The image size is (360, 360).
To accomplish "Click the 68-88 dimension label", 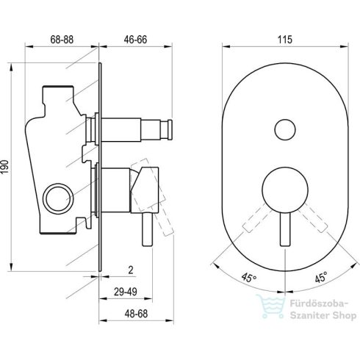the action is pyautogui.click(x=62, y=40).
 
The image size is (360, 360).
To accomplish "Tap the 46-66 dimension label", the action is pyautogui.click(x=135, y=40).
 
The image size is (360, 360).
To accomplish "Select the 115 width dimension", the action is pyautogui.click(x=285, y=40).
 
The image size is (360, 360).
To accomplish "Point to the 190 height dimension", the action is pyautogui.click(x=5, y=167).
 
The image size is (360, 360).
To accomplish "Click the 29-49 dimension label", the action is pyautogui.click(x=126, y=292).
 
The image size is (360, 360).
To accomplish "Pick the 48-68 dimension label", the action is pyautogui.click(x=136, y=314).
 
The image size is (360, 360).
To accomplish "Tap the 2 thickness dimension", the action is pyautogui.click(x=131, y=270).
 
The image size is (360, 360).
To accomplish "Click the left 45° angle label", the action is pyautogui.click(x=249, y=278).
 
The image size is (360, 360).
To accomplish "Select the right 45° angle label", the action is pyautogui.click(x=321, y=277).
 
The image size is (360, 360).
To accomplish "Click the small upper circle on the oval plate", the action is pyautogui.click(x=285, y=129).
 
